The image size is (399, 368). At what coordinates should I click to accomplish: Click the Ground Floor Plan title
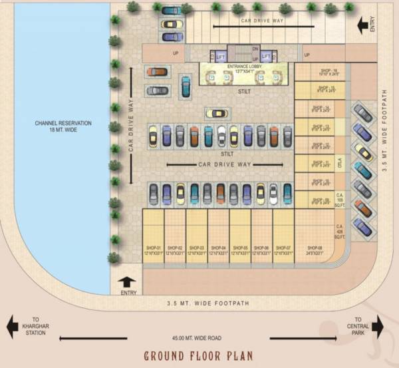(199, 355)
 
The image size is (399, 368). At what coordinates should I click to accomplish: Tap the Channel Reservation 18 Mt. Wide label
(64, 127)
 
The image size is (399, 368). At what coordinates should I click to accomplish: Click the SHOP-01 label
(153, 250)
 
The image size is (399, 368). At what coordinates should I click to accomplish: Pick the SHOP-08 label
(315, 250)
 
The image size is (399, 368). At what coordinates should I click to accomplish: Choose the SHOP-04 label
(218, 250)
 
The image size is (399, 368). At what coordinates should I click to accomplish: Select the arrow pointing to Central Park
(378, 326)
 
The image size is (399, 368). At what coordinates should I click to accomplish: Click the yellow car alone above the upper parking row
(216, 114)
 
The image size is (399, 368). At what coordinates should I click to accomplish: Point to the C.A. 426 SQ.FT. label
(339, 233)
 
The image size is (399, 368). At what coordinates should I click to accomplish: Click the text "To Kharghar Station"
(35, 326)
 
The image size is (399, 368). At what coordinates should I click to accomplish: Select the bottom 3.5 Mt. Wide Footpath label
(207, 304)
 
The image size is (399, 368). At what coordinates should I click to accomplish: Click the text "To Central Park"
(358, 326)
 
